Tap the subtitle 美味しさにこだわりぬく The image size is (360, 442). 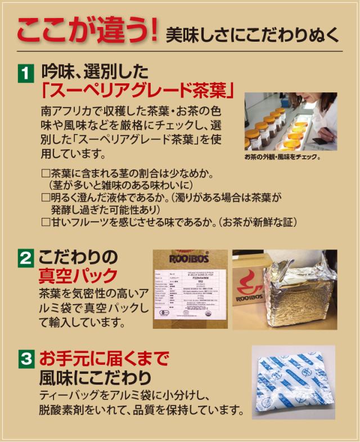253,35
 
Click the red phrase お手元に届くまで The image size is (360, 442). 103,358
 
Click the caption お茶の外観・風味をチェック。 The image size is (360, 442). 282,156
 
